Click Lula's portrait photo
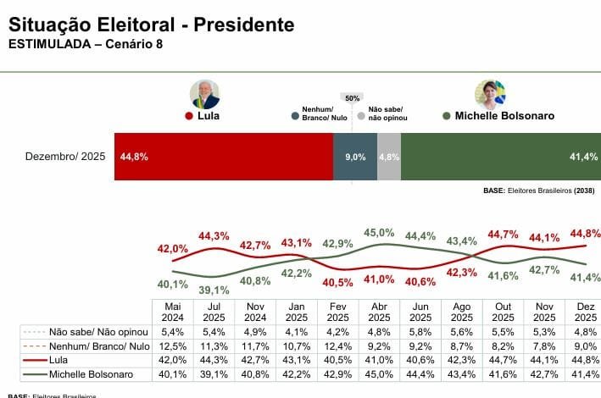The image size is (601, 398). click(204, 94)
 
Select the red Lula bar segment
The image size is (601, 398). click(224, 157)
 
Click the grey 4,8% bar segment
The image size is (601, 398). click(389, 157)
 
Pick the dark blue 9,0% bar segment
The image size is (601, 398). click(354, 157)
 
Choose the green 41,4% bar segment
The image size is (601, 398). click(499, 157)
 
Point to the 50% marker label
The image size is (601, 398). click(352, 98)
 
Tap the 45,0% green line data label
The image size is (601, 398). click(379, 232)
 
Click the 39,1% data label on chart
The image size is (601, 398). click(214, 289)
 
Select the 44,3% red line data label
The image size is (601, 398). click(214, 235)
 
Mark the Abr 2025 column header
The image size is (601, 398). click(379, 311)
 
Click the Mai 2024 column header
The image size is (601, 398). click(173, 311)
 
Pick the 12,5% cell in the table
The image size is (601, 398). click(173, 345)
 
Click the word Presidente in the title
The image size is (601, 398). click(244, 25)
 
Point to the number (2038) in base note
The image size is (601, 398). click(583, 191)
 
